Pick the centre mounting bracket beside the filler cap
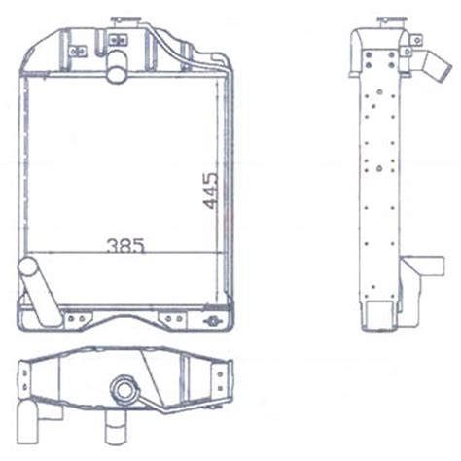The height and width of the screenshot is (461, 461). coord(119,40)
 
